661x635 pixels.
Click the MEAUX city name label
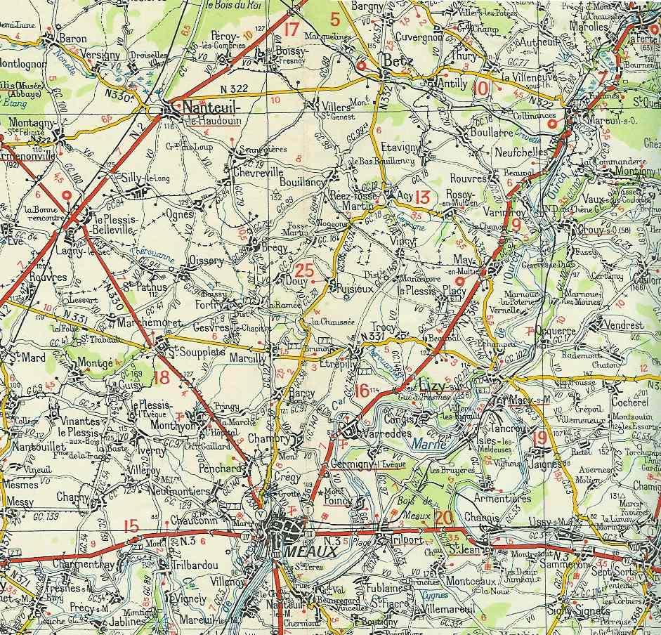(x=304, y=551)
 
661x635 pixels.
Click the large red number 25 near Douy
(x=305, y=270)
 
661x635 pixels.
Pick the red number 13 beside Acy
(x=421, y=197)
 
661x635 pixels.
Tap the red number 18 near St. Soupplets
(x=162, y=377)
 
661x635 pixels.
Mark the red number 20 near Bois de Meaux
(x=443, y=518)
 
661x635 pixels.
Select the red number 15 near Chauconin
(x=131, y=525)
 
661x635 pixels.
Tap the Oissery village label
(x=207, y=261)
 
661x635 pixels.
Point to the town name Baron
(x=73, y=39)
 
